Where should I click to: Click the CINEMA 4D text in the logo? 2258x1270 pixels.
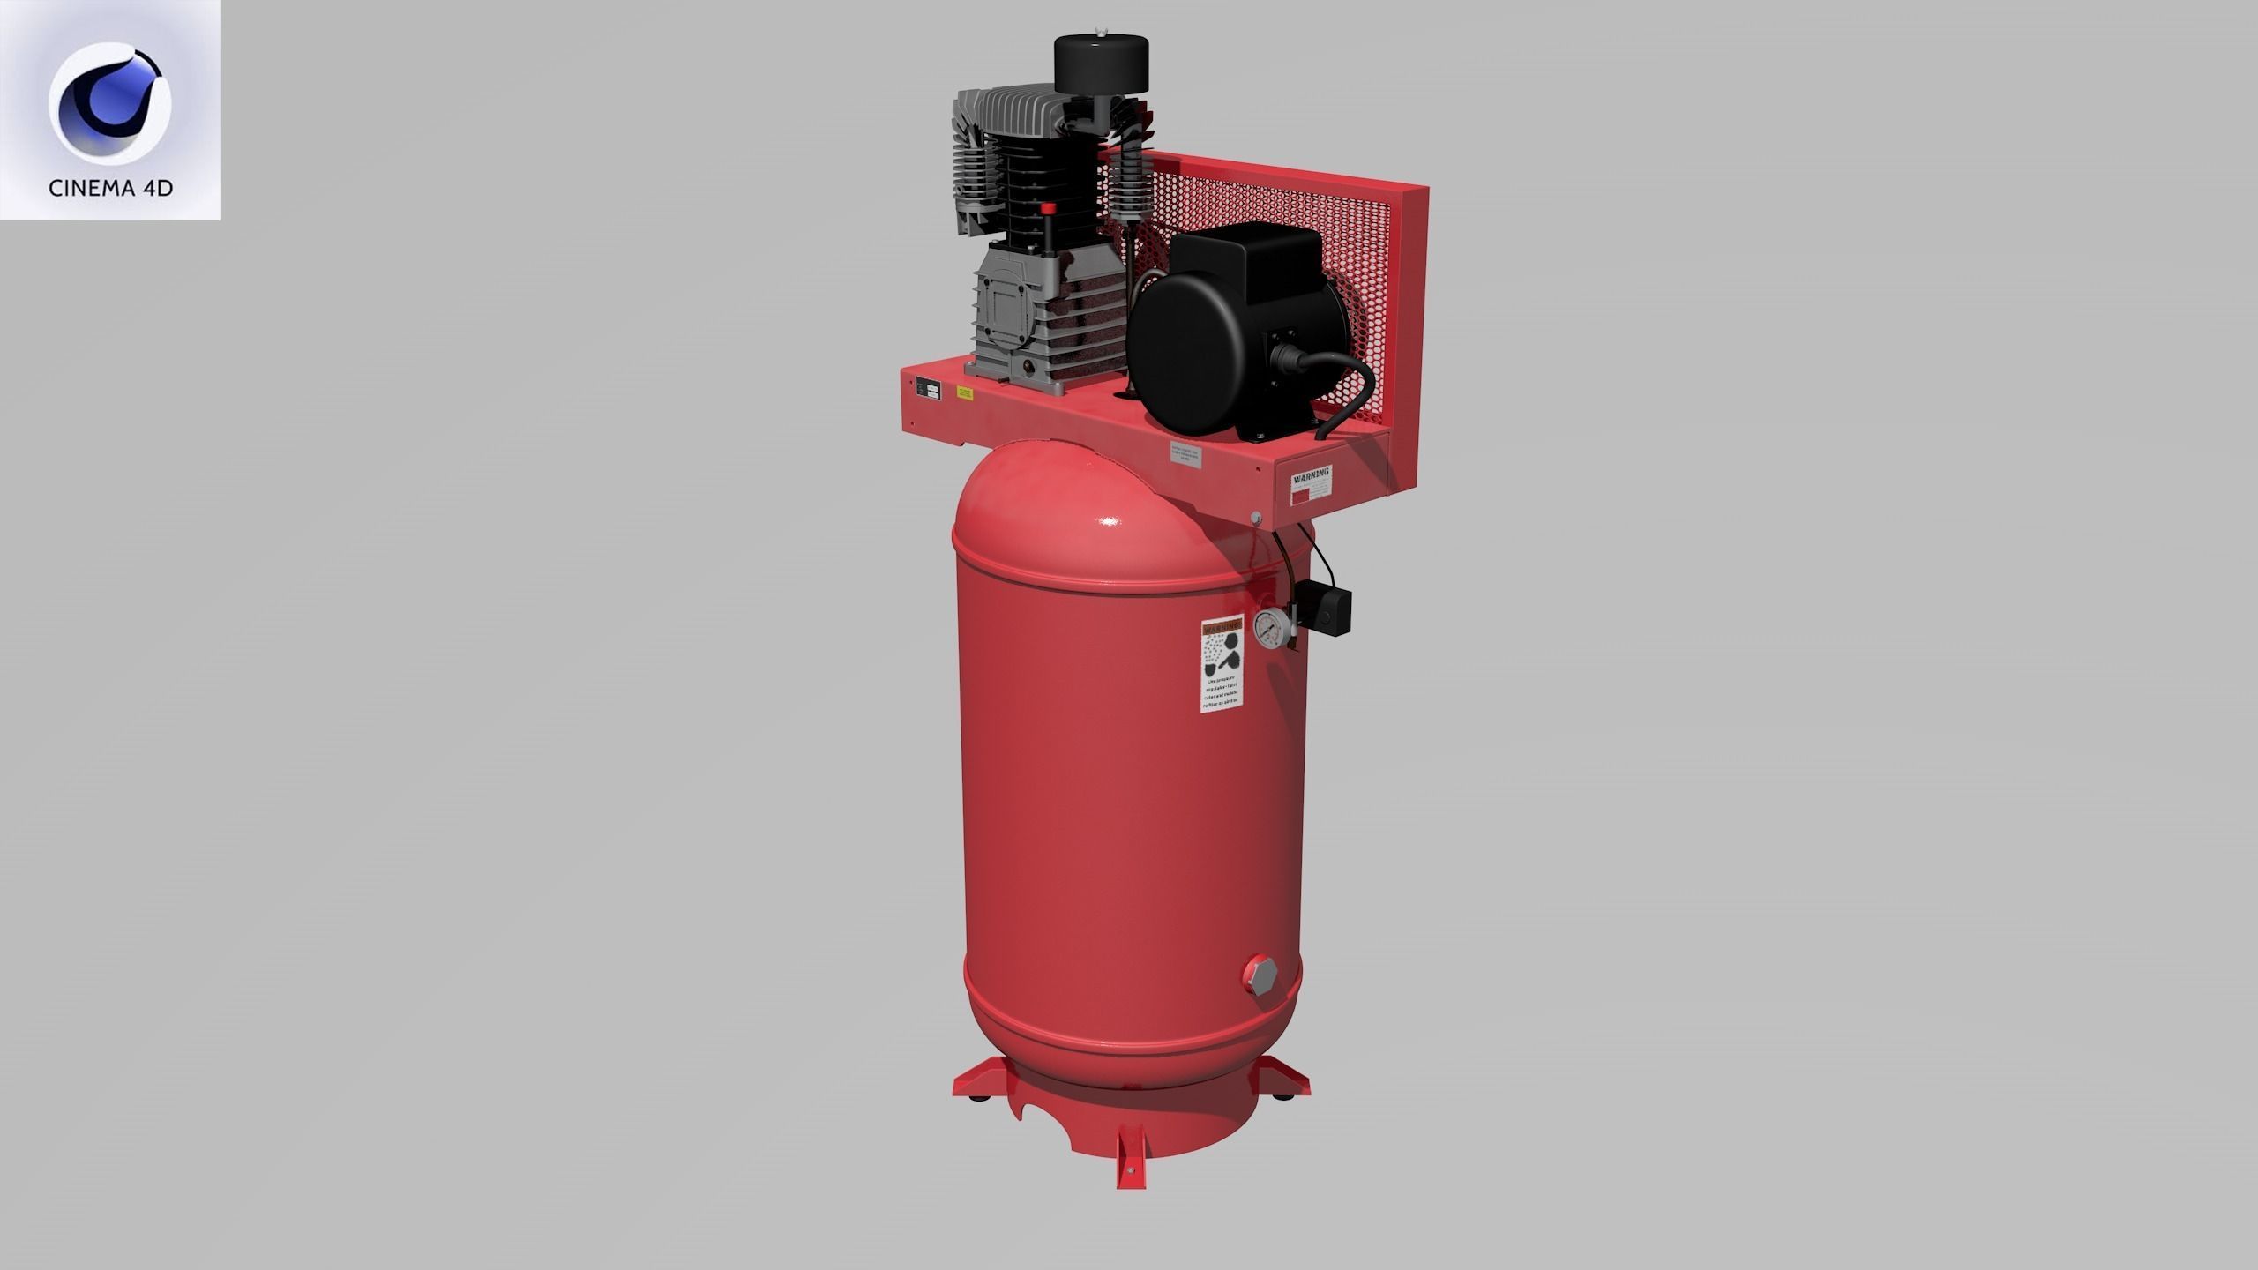[110, 189]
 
